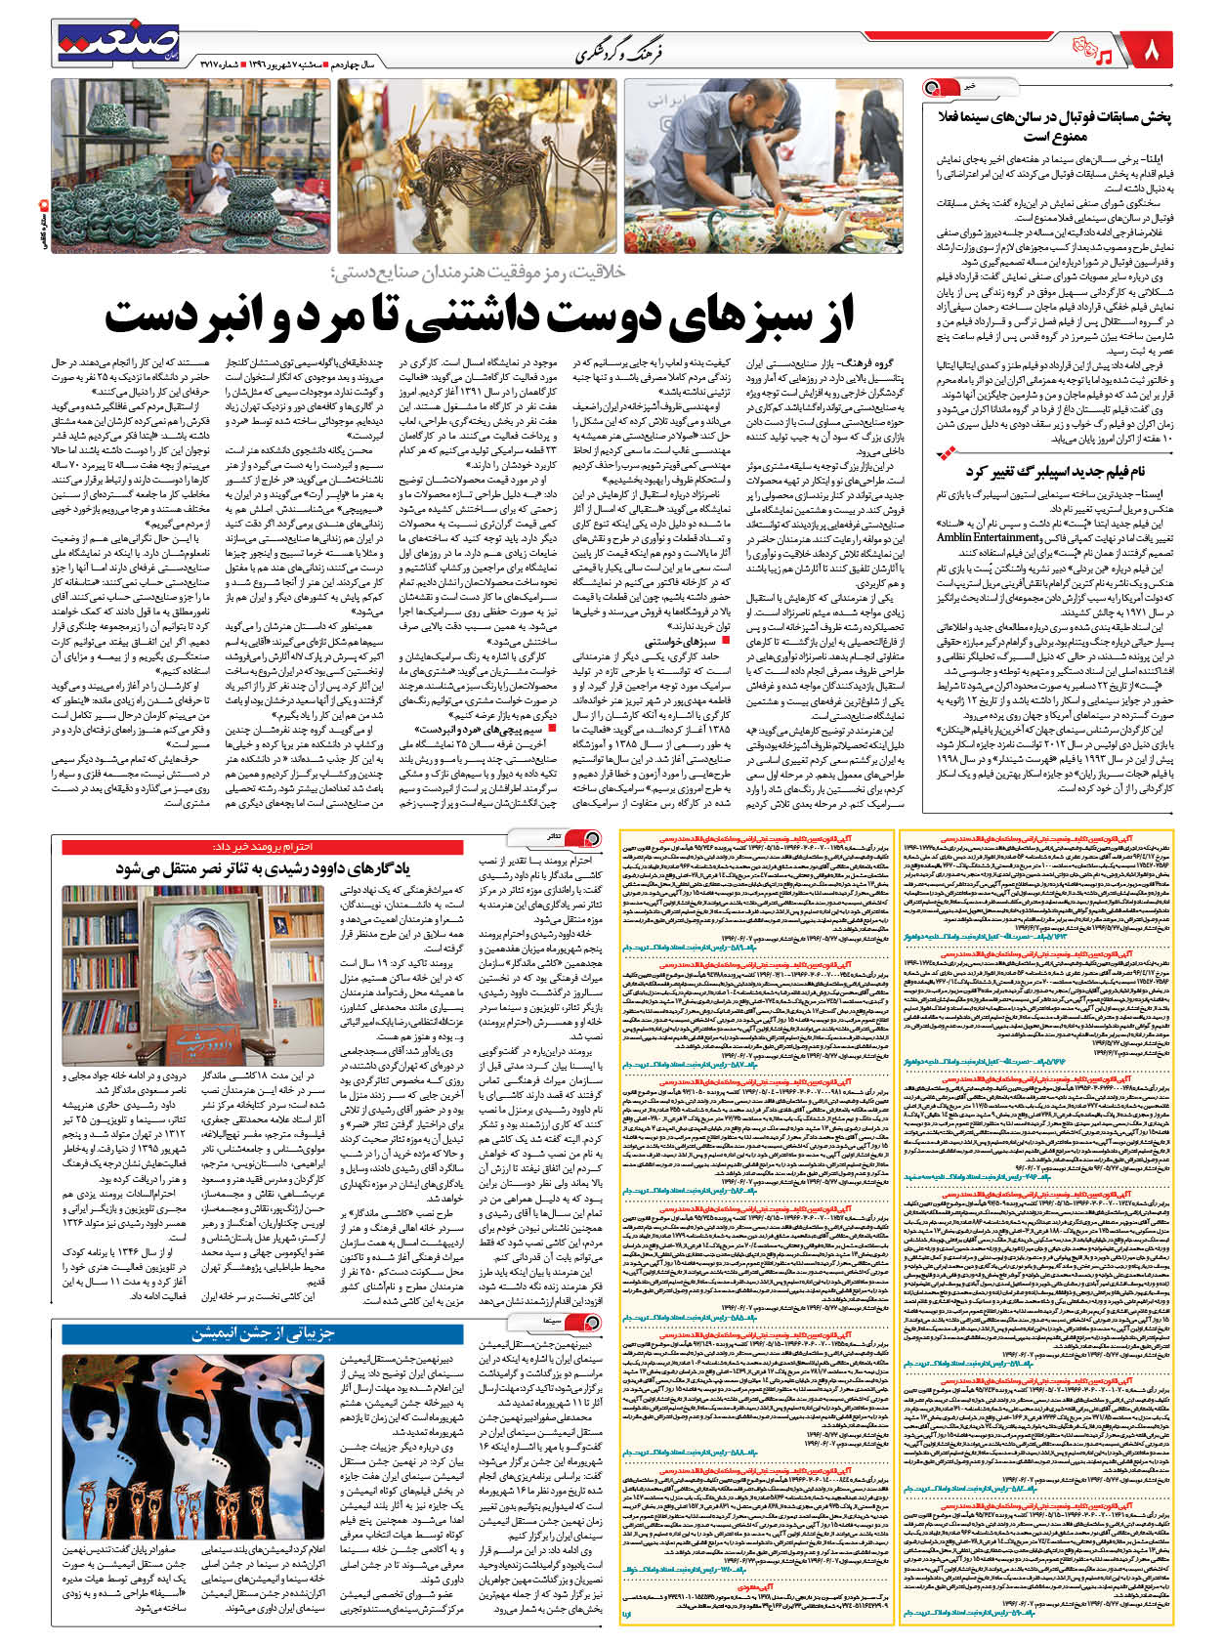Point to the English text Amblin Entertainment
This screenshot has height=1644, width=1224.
(988, 537)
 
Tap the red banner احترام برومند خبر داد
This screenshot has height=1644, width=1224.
(264, 846)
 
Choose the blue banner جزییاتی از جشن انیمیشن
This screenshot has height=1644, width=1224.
(264, 1333)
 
